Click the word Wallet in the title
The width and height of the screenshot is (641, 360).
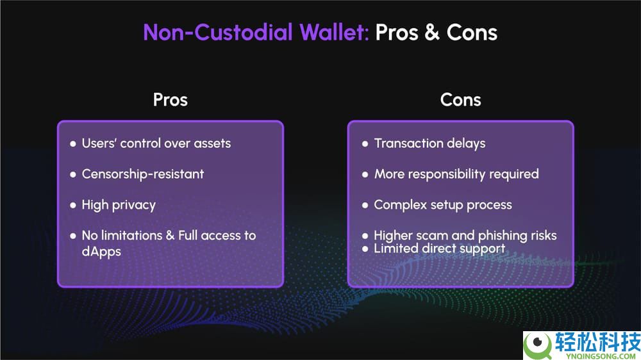[335, 32]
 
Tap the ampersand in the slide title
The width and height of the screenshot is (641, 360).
[432, 32]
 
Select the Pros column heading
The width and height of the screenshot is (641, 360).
[171, 100]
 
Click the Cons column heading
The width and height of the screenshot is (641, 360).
[461, 100]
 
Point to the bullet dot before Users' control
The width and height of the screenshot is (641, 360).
[73, 144]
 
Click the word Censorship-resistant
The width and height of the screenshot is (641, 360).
[143, 174]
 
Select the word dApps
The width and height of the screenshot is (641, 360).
[101, 251]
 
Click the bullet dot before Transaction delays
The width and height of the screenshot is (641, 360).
[365, 144]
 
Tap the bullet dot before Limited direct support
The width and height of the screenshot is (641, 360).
[365, 249]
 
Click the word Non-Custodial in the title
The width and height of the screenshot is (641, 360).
[218, 32]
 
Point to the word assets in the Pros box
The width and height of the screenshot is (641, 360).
[212, 143]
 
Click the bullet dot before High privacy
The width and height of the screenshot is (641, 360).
[73, 205]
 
